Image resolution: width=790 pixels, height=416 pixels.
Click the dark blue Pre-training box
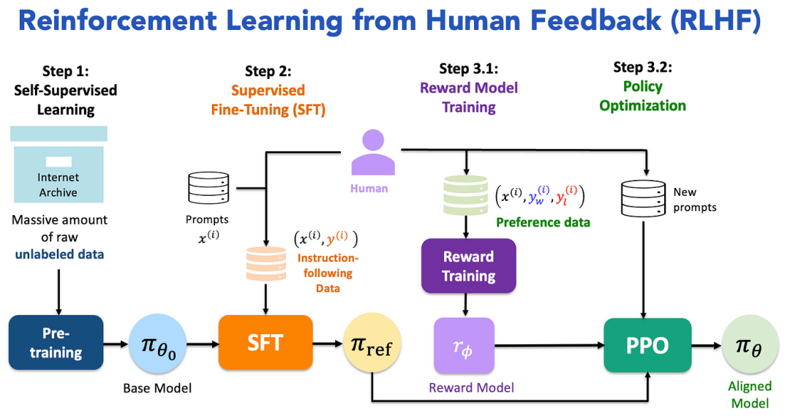[x=56, y=343]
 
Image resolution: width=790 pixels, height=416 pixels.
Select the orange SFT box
[x=265, y=342]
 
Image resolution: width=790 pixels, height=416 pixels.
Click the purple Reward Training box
[x=468, y=266]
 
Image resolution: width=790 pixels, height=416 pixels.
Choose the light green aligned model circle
[x=750, y=345]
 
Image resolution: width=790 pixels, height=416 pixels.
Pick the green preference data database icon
[x=465, y=195]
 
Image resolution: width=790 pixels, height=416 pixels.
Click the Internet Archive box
[x=58, y=173]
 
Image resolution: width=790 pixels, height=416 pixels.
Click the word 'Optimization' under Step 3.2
[x=642, y=106]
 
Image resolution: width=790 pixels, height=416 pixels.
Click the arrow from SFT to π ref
[x=328, y=343]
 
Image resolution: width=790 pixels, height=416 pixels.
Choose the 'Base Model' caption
[x=157, y=388]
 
